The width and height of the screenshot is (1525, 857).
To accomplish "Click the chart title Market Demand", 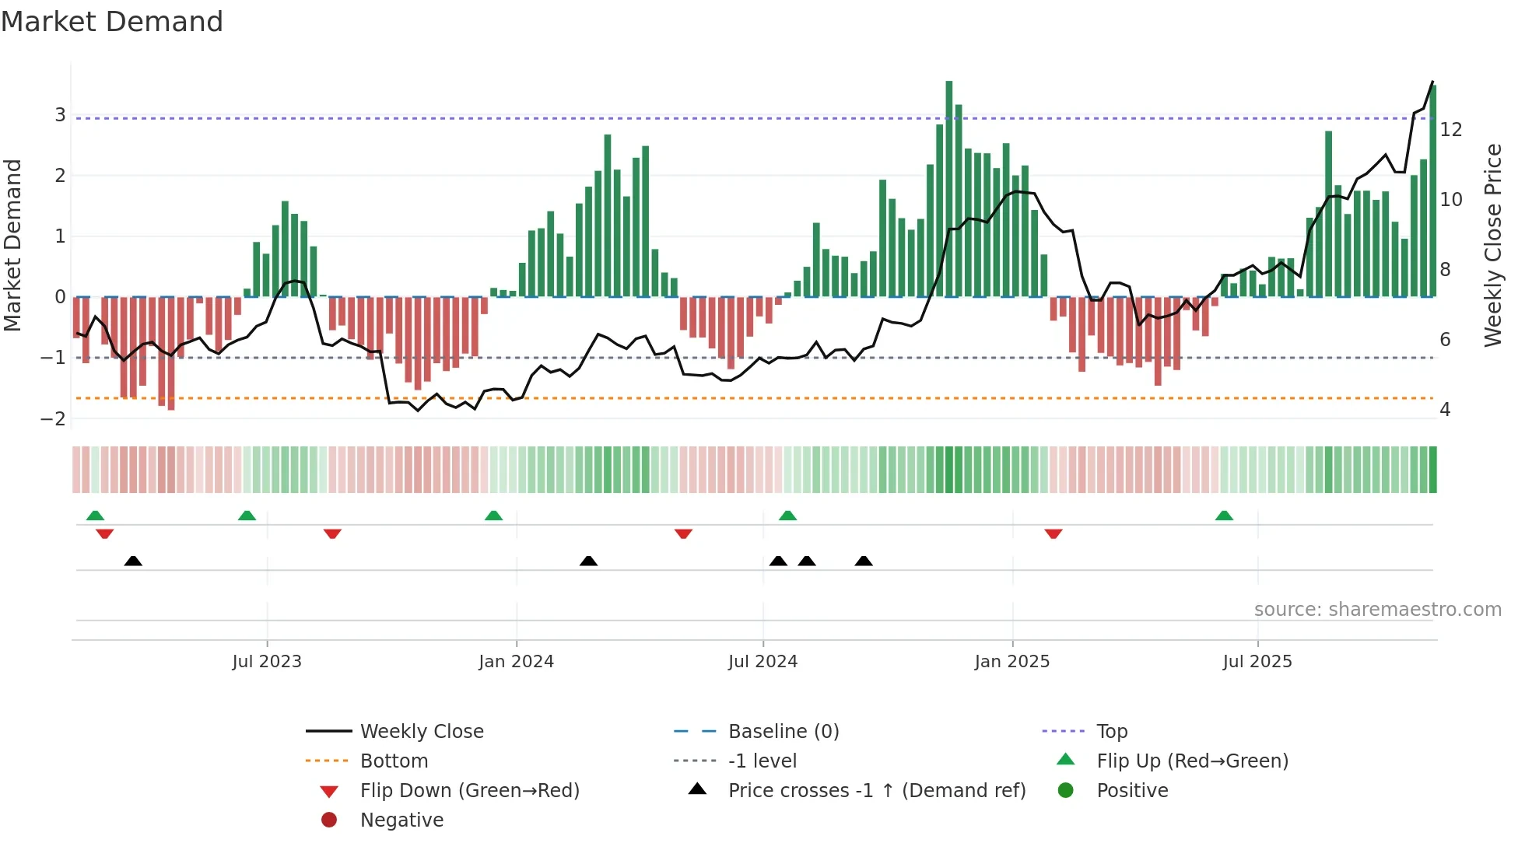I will pyautogui.click(x=112, y=22).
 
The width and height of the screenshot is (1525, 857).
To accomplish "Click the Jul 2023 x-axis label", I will pyautogui.click(x=267, y=662).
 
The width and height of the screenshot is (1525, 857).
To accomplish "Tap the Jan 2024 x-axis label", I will pyautogui.click(x=516, y=662).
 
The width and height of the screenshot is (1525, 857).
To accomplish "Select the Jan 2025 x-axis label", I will pyautogui.click(x=1011, y=662).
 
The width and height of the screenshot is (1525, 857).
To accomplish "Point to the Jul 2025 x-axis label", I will pyautogui.click(x=1257, y=662).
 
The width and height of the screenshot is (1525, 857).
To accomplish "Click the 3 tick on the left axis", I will pyautogui.click(x=60, y=115).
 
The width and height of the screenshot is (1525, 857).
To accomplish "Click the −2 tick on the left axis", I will pyautogui.click(x=54, y=419).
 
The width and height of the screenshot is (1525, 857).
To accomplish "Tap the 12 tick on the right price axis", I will pyautogui.click(x=1451, y=130).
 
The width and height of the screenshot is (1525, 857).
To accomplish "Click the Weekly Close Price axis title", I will pyautogui.click(x=1492, y=245).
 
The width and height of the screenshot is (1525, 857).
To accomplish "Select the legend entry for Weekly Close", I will pyautogui.click(x=421, y=732).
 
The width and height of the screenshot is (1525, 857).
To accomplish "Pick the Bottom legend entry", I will pyautogui.click(x=394, y=761).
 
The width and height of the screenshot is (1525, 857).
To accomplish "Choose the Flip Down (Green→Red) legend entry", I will pyautogui.click(x=469, y=791).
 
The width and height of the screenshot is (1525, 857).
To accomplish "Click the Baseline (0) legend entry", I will pyautogui.click(x=783, y=732).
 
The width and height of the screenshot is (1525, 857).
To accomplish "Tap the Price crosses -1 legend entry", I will pyautogui.click(x=876, y=791).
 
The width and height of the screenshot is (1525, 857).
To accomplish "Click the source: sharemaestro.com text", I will pyautogui.click(x=1377, y=610).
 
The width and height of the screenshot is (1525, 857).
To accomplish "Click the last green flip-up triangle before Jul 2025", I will pyautogui.click(x=1224, y=516).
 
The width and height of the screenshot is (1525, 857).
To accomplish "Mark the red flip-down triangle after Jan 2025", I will pyautogui.click(x=1053, y=533).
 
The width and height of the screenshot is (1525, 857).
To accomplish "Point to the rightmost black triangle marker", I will pyautogui.click(x=864, y=561).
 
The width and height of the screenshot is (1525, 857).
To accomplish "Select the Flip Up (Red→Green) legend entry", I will pyautogui.click(x=1192, y=761).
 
